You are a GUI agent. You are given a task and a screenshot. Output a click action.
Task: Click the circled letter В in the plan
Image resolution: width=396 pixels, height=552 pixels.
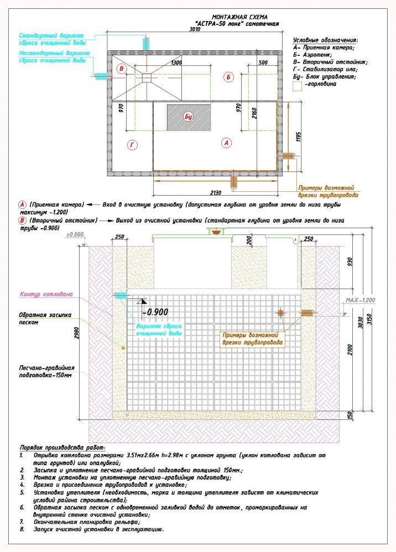pos(122,69)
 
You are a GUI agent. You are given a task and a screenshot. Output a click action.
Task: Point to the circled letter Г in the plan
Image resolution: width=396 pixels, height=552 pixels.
pos(132,145)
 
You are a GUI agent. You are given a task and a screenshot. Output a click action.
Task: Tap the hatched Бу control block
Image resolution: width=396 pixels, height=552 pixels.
pos(188,117)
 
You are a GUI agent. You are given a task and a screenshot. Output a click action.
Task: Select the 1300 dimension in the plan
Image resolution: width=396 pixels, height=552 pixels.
pos(176,63)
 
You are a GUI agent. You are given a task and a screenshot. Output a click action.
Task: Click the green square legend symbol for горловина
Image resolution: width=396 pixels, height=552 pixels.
pos(298,86)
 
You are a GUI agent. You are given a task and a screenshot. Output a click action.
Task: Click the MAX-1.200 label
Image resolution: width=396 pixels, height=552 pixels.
pos(359,300)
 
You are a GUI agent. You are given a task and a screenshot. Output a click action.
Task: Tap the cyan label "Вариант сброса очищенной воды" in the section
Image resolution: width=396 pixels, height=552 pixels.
pos(160,330)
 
